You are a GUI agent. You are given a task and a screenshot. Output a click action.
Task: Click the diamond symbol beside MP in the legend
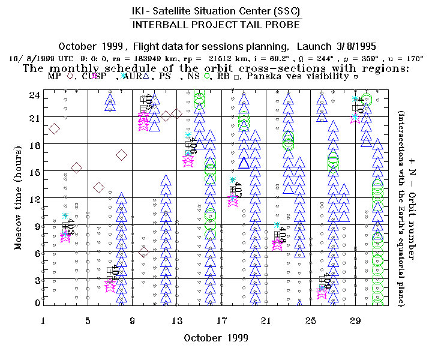click(x=70, y=76)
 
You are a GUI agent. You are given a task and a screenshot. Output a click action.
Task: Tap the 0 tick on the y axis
click(x=37, y=302)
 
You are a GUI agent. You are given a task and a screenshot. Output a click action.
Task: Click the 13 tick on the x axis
click(x=177, y=320)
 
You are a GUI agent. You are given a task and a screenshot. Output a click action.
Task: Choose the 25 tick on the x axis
click(x=311, y=320)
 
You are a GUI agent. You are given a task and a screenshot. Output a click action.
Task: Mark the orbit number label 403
click(x=71, y=227)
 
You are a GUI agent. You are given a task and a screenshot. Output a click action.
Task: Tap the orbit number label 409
click(x=327, y=281)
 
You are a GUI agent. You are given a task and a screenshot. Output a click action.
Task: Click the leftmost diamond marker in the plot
click(x=55, y=128)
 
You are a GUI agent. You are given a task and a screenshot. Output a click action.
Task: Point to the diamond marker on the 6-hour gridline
click(x=143, y=252)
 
